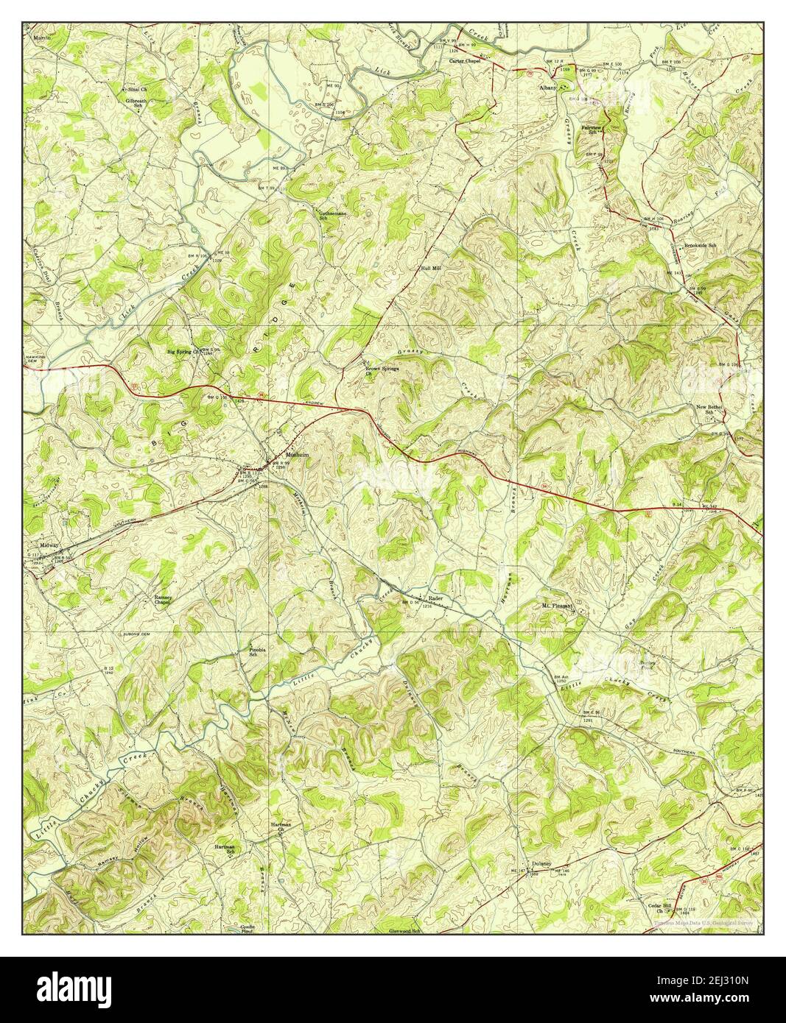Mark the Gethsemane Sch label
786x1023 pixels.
click(332, 216)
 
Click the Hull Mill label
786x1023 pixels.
click(430, 269)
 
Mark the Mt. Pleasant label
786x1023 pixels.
click(558, 606)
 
